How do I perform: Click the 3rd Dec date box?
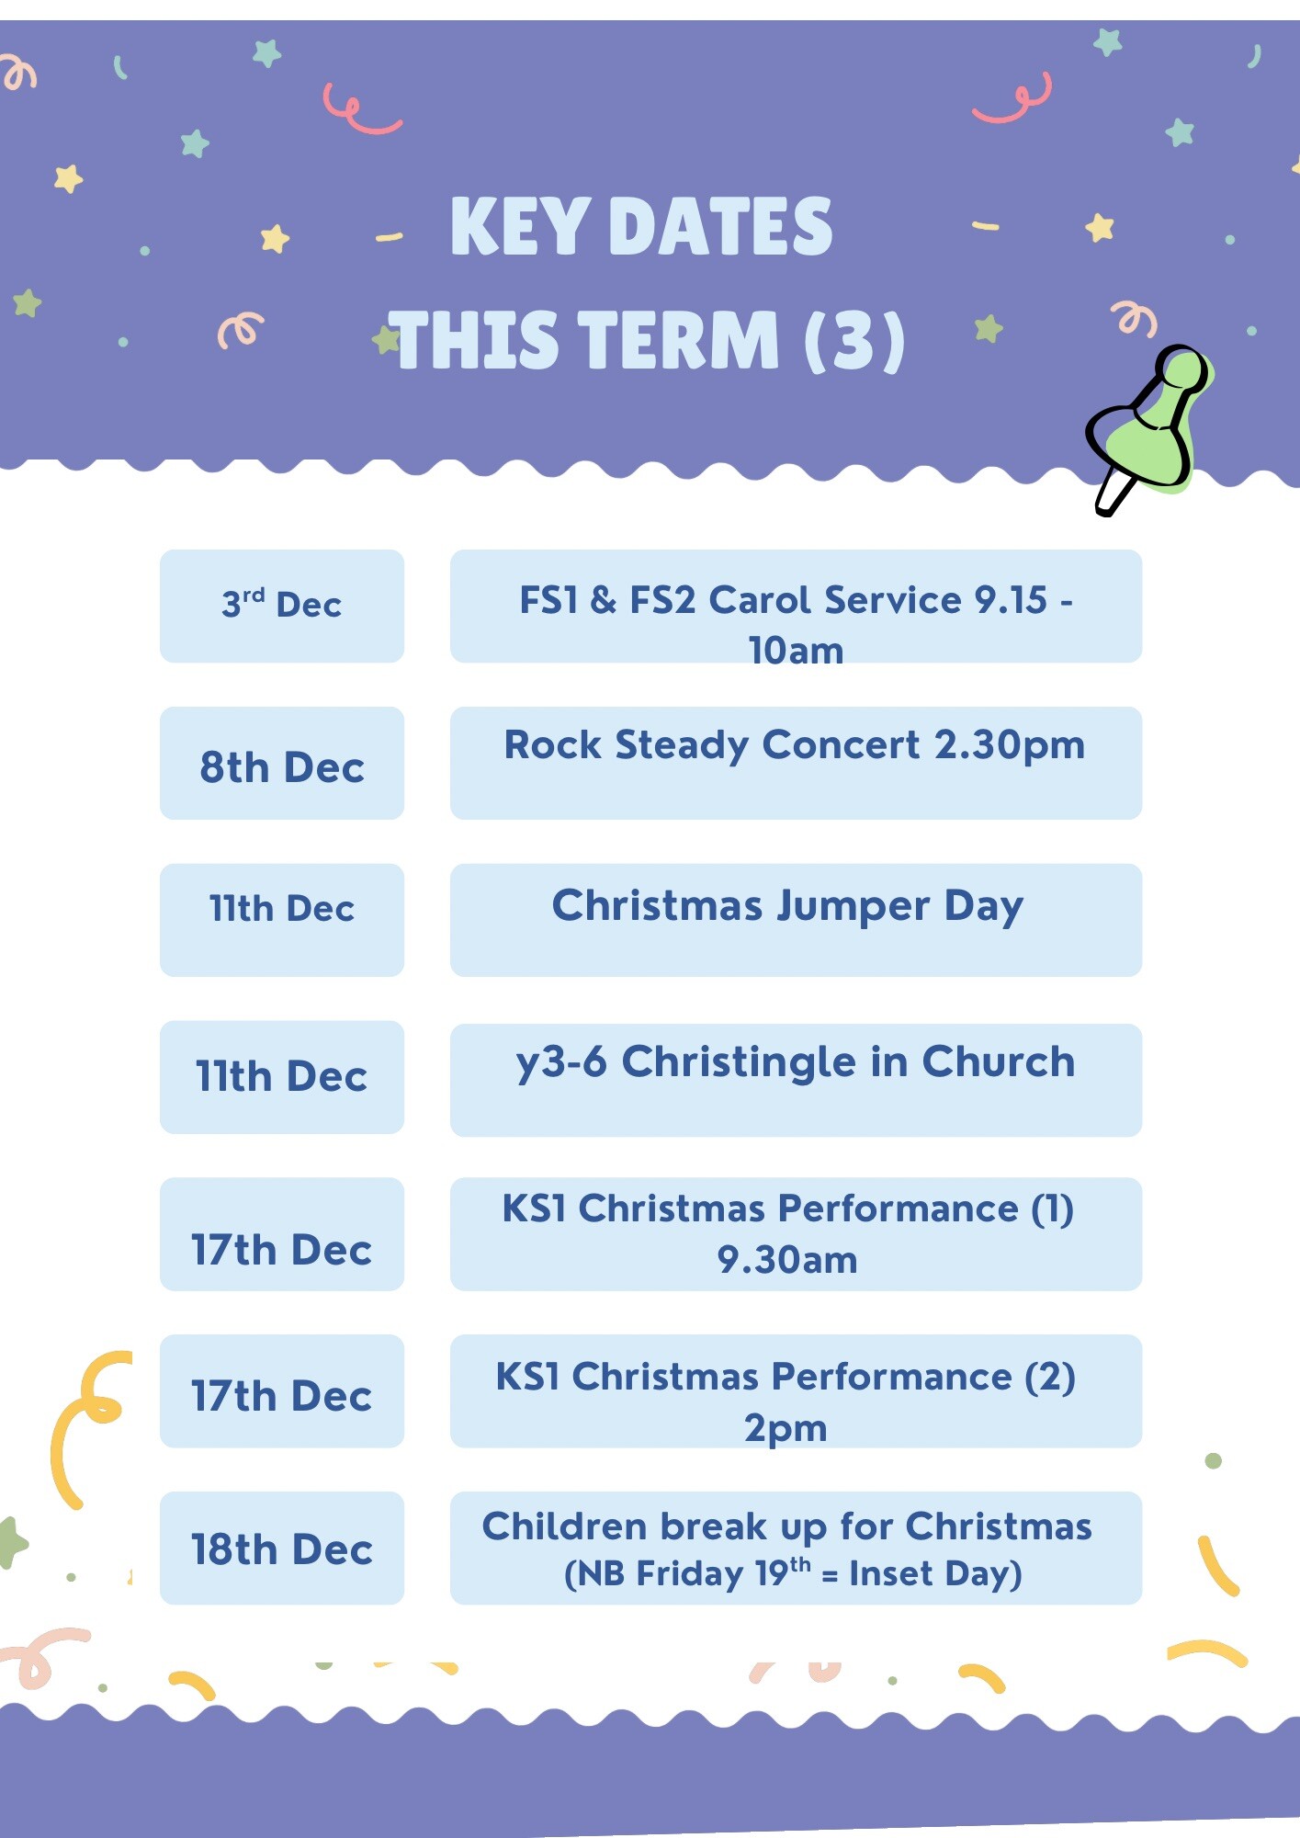pos(282,606)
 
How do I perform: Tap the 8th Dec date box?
pos(282,763)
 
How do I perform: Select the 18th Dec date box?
pos(282,1548)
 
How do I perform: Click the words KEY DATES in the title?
pos(641,226)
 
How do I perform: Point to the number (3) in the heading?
pos(854,341)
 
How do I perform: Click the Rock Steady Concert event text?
pos(795,745)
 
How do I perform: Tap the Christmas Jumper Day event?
pos(787,906)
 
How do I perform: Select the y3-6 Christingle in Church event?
pos(795,1062)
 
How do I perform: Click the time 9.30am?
pos(787,1260)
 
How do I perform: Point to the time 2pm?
pos(786,1429)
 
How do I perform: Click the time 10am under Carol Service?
pos(796,651)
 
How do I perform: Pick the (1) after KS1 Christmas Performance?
pos(1052,1208)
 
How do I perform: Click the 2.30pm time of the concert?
pos(1010,745)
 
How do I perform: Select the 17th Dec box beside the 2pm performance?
pos(282,1391)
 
